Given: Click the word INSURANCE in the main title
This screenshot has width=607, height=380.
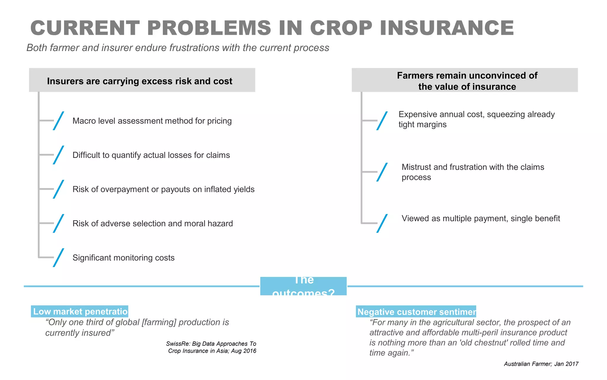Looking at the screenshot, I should (447, 28).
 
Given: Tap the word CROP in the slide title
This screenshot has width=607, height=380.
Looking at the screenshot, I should (341, 28).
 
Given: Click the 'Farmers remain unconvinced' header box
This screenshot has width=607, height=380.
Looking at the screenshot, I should (464, 80).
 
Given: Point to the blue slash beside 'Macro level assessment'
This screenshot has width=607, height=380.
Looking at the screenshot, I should (58, 121).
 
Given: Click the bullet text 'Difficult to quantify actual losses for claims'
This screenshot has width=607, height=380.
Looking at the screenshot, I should (151, 155).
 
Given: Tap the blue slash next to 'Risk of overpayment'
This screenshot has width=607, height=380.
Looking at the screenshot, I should (58, 189).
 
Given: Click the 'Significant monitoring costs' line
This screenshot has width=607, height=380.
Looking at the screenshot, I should (123, 258).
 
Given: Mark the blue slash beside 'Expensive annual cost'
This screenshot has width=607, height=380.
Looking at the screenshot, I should (382, 121).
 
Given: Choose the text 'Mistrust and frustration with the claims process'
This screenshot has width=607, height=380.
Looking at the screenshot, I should (472, 172).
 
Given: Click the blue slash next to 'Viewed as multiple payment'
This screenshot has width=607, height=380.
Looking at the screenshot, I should (382, 223).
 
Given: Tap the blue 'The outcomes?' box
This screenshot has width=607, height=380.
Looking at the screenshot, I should (303, 286).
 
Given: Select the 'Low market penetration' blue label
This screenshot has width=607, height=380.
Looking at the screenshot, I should (80, 311).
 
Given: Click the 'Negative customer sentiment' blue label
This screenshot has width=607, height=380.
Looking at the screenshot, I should (416, 312).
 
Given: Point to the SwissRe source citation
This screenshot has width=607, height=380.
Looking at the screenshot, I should (211, 347).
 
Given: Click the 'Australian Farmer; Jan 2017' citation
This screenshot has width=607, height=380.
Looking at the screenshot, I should (541, 364).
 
